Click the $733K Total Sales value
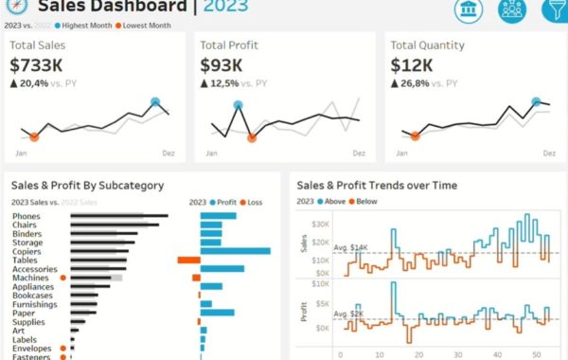pos(36,65)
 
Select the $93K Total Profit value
pos(222,65)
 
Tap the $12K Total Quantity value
pos(412,65)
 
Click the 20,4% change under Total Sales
pos(34,84)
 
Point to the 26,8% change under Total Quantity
pos(415,84)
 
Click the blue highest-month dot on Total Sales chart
pos(155,102)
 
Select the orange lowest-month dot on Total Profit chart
pos(252,137)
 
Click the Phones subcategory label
pos(27,217)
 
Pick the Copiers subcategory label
pos(27,251)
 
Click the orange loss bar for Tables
pos(188,260)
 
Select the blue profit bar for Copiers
pos(235,251)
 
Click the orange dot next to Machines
pos(62,278)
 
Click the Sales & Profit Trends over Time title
pos(376,186)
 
